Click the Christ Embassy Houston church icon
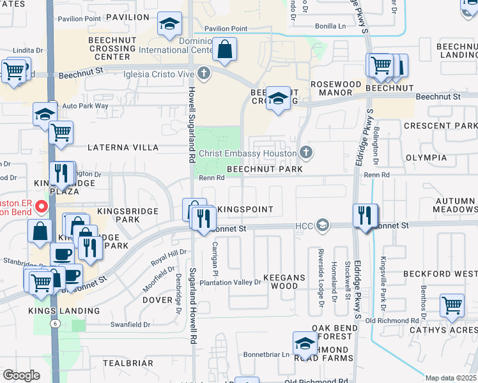[306, 153]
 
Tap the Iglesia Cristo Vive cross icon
[204, 74]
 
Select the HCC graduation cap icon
[323, 225]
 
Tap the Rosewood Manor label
[341, 88]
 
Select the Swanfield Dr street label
[129, 324]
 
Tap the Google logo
[21, 375]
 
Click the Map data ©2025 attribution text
[451, 378]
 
